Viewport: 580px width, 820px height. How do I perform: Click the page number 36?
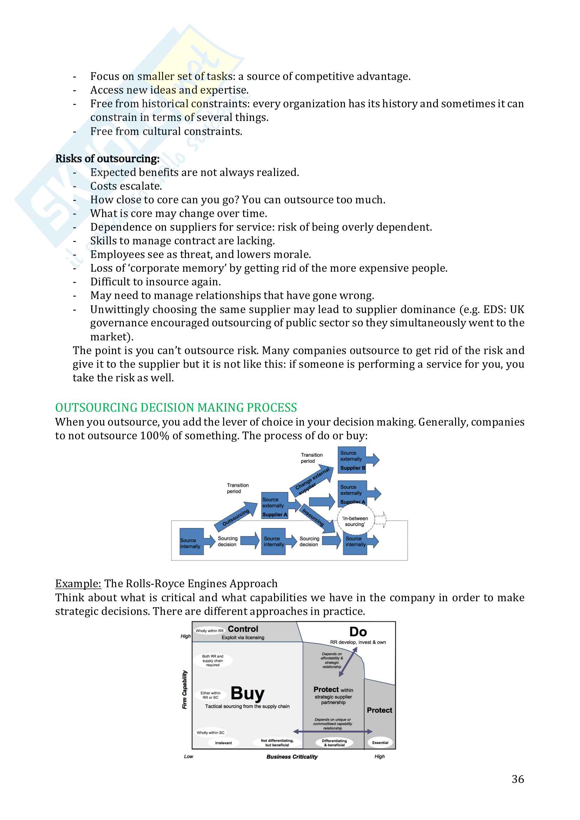[x=518, y=779]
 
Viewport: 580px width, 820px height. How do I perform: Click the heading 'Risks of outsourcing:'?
[x=107, y=158]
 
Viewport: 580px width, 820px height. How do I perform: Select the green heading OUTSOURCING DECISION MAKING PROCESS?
[x=176, y=407]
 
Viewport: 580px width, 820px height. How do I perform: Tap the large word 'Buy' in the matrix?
[x=248, y=693]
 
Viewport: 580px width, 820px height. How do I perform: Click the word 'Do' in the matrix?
[x=358, y=632]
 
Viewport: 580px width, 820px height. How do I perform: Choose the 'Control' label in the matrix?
[x=243, y=629]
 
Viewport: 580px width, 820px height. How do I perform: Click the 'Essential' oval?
[x=380, y=743]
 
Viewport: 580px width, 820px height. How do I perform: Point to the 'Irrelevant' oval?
[x=224, y=743]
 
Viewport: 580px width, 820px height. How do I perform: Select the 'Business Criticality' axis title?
[x=292, y=757]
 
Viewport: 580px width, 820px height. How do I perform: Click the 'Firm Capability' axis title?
[x=185, y=689]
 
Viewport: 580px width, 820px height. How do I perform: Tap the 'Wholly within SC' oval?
[x=211, y=732]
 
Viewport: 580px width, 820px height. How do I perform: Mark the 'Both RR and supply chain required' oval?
[x=213, y=660]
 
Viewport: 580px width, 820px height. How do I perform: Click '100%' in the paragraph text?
[x=154, y=436]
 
